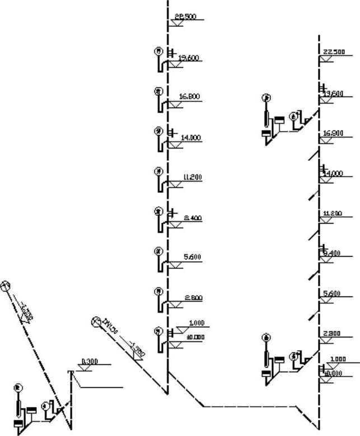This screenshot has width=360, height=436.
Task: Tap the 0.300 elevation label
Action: (90, 361)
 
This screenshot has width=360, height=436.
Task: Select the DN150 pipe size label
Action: (110, 326)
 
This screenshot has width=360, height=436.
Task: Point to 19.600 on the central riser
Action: (188, 58)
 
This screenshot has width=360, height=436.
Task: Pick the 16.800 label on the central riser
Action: (189, 96)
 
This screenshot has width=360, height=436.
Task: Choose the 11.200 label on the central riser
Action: (193, 177)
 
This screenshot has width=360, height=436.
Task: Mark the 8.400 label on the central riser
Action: (193, 217)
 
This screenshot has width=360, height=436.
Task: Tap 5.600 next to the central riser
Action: (193, 257)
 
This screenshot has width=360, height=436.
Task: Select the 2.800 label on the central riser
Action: (193, 298)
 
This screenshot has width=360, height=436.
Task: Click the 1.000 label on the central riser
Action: (197, 323)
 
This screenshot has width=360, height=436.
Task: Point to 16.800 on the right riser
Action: (333, 133)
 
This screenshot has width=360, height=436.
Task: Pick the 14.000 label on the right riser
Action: (334, 174)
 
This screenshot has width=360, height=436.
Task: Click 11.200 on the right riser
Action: (333, 214)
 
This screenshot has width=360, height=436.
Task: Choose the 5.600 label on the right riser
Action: (333, 294)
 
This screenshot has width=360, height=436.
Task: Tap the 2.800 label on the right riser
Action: (333, 334)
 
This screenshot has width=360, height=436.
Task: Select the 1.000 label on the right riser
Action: (338, 359)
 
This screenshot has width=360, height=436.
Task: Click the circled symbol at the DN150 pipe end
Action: (95, 322)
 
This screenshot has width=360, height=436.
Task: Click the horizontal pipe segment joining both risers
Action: (249, 406)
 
